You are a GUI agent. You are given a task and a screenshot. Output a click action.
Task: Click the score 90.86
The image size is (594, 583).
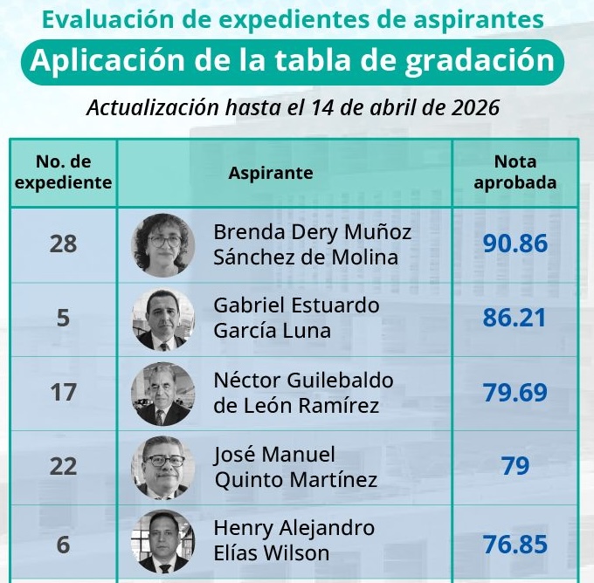[515, 243]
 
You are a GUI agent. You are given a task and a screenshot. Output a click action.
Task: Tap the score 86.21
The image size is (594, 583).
[515, 318]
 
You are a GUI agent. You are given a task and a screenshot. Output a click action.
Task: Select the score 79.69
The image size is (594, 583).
[515, 392]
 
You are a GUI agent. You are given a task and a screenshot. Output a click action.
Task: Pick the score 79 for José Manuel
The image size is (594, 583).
[515, 466]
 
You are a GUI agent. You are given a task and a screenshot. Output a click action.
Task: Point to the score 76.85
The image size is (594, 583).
[515, 545]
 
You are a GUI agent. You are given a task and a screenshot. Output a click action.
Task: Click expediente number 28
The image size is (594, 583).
[63, 243]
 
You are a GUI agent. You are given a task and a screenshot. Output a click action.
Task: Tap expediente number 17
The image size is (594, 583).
[63, 393]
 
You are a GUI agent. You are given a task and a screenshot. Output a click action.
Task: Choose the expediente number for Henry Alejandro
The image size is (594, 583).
[63, 545]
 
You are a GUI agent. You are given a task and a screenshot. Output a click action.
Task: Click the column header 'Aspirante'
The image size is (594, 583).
[271, 173]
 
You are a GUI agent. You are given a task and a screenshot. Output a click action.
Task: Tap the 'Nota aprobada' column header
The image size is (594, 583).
[515, 172]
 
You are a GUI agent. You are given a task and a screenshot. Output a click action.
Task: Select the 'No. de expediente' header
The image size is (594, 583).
[63, 172]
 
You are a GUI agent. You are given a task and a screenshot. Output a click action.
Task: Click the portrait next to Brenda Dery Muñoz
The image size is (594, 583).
[163, 244]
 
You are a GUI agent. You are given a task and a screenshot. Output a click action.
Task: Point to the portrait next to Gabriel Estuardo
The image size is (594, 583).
[163, 319]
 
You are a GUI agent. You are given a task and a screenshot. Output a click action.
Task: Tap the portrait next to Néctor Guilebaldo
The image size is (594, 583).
[163, 394]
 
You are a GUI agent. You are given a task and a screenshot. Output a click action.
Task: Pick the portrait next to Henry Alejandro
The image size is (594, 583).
[163, 542]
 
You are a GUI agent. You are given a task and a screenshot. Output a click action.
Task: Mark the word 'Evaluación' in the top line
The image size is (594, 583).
[95, 18]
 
